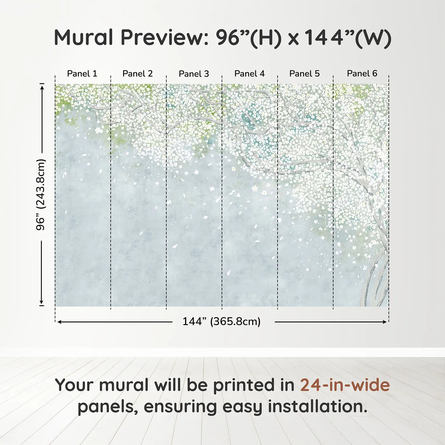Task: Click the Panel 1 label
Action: (x=82, y=74)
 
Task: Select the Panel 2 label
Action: (x=138, y=74)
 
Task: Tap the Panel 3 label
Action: (x=194, y=74)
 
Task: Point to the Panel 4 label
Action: (x=250, y=74)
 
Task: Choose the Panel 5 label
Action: (x=305, y=74)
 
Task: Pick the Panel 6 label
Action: (x=362, y=73)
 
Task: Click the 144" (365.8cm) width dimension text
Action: (x=222, y=321)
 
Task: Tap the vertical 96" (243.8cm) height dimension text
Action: (x=41, y=195)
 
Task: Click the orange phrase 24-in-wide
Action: (x=345, y=385)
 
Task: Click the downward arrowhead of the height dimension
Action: (x=42, y=302)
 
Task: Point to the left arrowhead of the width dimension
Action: (x=59, y=322)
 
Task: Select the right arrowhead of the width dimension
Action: (x=384, y=322)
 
